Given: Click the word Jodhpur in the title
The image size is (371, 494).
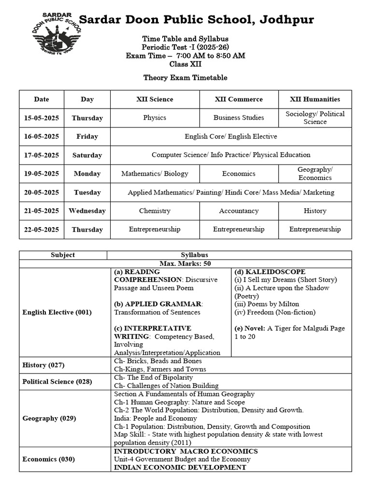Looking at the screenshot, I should [x=287, y=20].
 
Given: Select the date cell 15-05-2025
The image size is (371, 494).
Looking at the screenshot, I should [x=42, y=118].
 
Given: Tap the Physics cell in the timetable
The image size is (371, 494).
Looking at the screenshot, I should [x=155, y=118].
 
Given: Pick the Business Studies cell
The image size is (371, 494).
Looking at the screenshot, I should [x=239, y=118].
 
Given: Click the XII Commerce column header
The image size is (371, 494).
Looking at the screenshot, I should [x=239, y=99].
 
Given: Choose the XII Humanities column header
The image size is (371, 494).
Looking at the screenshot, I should [x=315, y=99].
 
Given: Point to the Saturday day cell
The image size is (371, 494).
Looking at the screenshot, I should [x=87, y=155].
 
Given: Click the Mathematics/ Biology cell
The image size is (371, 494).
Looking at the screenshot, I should [x=155, y=174].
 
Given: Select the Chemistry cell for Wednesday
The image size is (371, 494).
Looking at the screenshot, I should [x=155, y=211].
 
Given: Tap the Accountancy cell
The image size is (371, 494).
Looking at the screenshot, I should [x=239, y=211].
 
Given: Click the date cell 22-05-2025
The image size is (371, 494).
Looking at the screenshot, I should [x=42, y=230].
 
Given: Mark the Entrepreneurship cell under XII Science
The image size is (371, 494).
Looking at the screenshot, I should [x=155, y=230].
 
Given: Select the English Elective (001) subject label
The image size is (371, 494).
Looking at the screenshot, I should [x=57, y=312].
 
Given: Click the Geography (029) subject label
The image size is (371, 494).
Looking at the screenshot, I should [x=49, y=418].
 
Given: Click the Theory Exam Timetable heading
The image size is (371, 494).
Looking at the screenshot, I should [x=185, y=78].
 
